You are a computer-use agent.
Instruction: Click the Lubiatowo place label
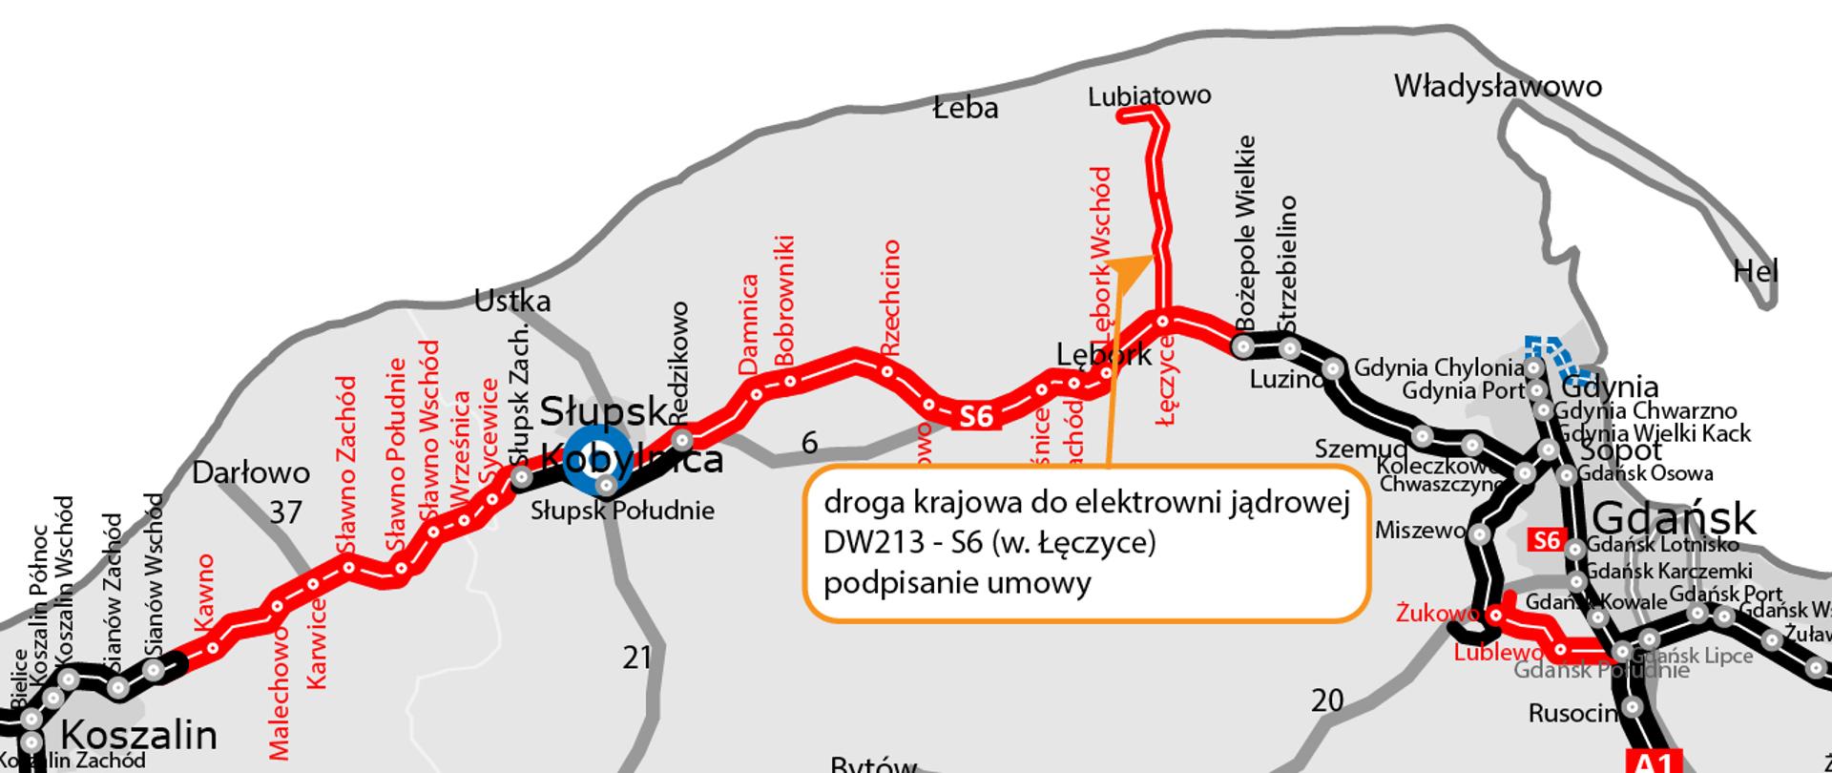[1150, 95]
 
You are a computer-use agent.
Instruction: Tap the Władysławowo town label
[1497, 87]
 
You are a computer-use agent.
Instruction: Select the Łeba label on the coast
[966, 108]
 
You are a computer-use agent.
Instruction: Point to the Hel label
[1756, 273]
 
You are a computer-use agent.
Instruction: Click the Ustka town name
[512, 302]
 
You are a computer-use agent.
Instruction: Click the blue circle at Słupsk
[596, 459]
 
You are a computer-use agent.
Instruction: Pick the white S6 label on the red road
[976, 417]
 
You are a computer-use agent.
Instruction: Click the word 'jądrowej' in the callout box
[1298, 503]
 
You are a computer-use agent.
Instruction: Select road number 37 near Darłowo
[285, 513]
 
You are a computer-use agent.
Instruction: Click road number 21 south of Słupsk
[636, 658]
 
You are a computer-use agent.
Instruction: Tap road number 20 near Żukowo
[1327, 701]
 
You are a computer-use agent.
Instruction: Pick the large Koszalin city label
[139, 736]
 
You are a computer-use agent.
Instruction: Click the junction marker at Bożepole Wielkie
[1243, 347]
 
